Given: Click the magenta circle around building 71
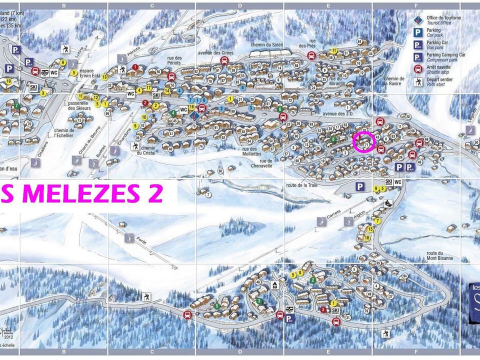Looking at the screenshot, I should pyautogui.click(x=364, y=142).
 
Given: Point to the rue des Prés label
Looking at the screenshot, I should pyautogui.click(x=308, y=43).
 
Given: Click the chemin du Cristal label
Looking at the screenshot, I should pyautogui.click(x=148, y=150).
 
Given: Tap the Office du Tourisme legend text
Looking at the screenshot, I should pyautogui.click(x=443, y=19).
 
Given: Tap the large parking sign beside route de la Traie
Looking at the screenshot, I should pyautogui.click(x=359, y=186).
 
